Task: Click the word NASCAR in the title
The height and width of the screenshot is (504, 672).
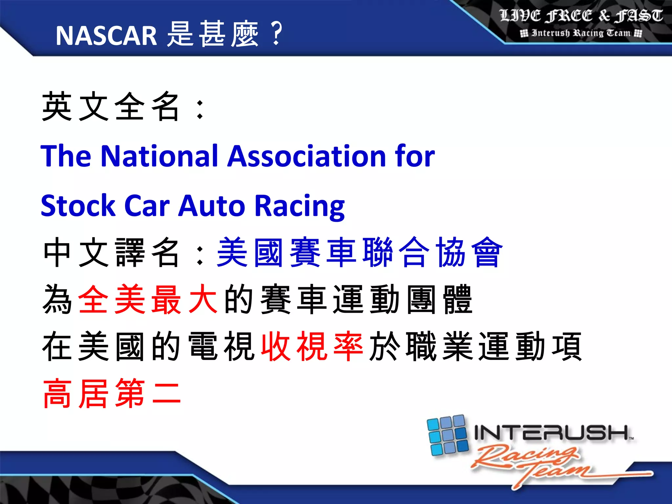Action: click(106, 35)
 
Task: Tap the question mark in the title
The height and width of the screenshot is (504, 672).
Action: click(277, 33)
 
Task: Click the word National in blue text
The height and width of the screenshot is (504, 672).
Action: click(159, 156)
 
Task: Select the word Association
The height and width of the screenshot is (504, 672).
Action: click(306, 156)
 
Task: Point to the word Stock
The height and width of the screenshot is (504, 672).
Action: click(78, 205)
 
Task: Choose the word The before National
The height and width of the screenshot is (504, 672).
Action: click(66, 156)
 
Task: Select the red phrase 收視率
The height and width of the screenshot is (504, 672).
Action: click(312, 346)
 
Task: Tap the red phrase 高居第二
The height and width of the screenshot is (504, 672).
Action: click(112, 393)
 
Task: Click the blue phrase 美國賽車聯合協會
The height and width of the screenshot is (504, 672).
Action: click(360, 252)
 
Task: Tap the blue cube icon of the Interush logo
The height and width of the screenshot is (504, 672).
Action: click(448, 435)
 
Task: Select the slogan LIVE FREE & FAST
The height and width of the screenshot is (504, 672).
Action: click(581, 16)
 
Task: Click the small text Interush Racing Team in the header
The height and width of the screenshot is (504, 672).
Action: click(581, 33)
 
